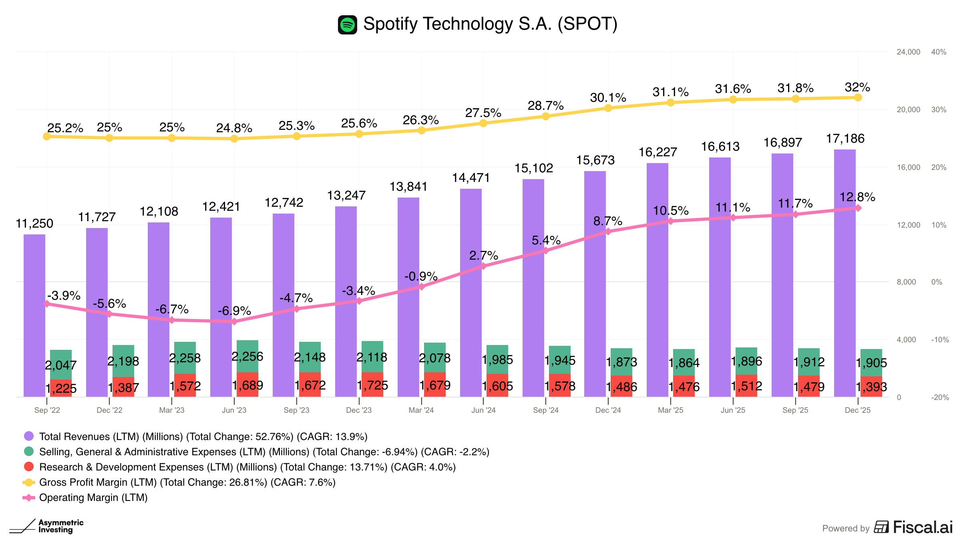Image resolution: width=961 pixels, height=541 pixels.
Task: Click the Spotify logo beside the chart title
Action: click(x=347, y=25)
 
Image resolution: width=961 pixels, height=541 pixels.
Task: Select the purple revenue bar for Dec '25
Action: click(x=845, y=273)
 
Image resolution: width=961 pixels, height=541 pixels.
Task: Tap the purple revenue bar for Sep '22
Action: click(x=34, y=316)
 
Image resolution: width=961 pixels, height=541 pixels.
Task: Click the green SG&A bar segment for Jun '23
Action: click(x=247, y=356)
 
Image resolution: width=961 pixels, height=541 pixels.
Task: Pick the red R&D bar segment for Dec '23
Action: click(x=372, y=385)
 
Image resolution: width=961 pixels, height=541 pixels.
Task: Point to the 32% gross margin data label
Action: click(x=857, y=87)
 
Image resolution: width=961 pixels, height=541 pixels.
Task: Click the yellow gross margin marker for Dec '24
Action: click(x=608, y=108)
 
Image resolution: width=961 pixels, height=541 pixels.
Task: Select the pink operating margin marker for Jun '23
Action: click(x=234, y=321)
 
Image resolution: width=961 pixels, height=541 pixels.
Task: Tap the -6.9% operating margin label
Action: click(x=234, y=311)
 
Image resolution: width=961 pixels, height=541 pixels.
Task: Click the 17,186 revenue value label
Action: click(x=845, y=139)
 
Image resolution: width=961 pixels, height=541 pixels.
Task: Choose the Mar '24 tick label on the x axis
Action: click(x=421, y=410)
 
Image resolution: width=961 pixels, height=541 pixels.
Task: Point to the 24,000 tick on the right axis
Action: click(x=909, y=52)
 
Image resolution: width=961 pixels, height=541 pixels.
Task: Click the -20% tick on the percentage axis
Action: click(x=940, y=398)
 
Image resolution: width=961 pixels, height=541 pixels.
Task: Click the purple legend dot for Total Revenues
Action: click(x=29, y=436)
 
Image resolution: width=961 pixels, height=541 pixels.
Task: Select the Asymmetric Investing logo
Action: click(x=46, y=526)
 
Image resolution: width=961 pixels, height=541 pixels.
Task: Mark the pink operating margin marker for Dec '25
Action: click(x=858, y=208)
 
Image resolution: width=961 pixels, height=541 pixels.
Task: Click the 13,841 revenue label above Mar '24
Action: click(x=408, y=187)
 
